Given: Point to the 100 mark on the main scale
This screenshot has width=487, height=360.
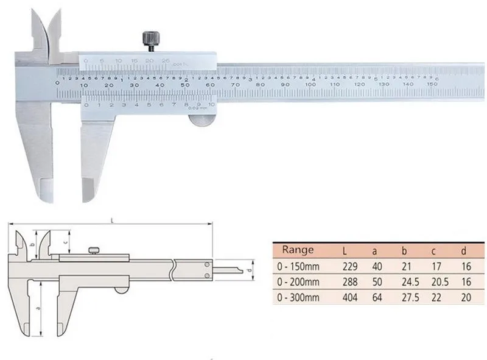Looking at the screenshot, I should pos(310,85).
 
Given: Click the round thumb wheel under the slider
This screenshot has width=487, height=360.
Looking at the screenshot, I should pos(201,118).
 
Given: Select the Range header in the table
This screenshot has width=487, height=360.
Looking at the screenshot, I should pos(298,250).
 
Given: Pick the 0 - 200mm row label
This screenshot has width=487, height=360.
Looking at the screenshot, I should pos(298,283).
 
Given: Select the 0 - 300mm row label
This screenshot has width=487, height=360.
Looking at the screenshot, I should pos(298,298).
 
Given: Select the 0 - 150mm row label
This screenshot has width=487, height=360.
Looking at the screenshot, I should pos(298,267).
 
